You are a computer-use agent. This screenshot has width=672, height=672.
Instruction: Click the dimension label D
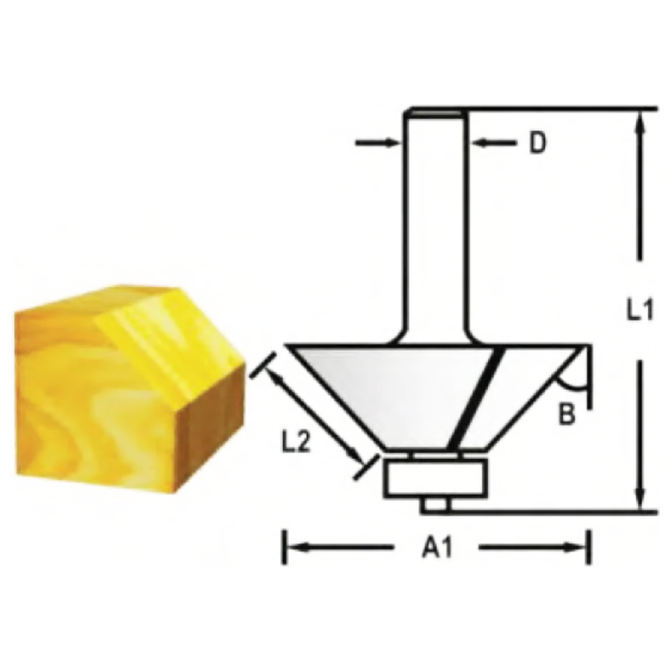coord(537,142)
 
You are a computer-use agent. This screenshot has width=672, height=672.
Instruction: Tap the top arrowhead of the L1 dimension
coord(640,121)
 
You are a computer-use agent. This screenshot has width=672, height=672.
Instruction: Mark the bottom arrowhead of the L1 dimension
coord(640,499)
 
